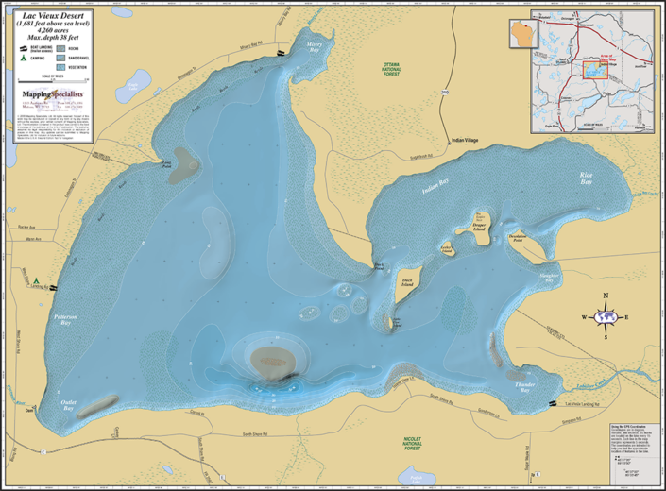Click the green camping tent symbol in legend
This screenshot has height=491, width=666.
23,59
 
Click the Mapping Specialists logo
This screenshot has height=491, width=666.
52,95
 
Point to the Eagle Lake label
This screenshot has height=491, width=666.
133,86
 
